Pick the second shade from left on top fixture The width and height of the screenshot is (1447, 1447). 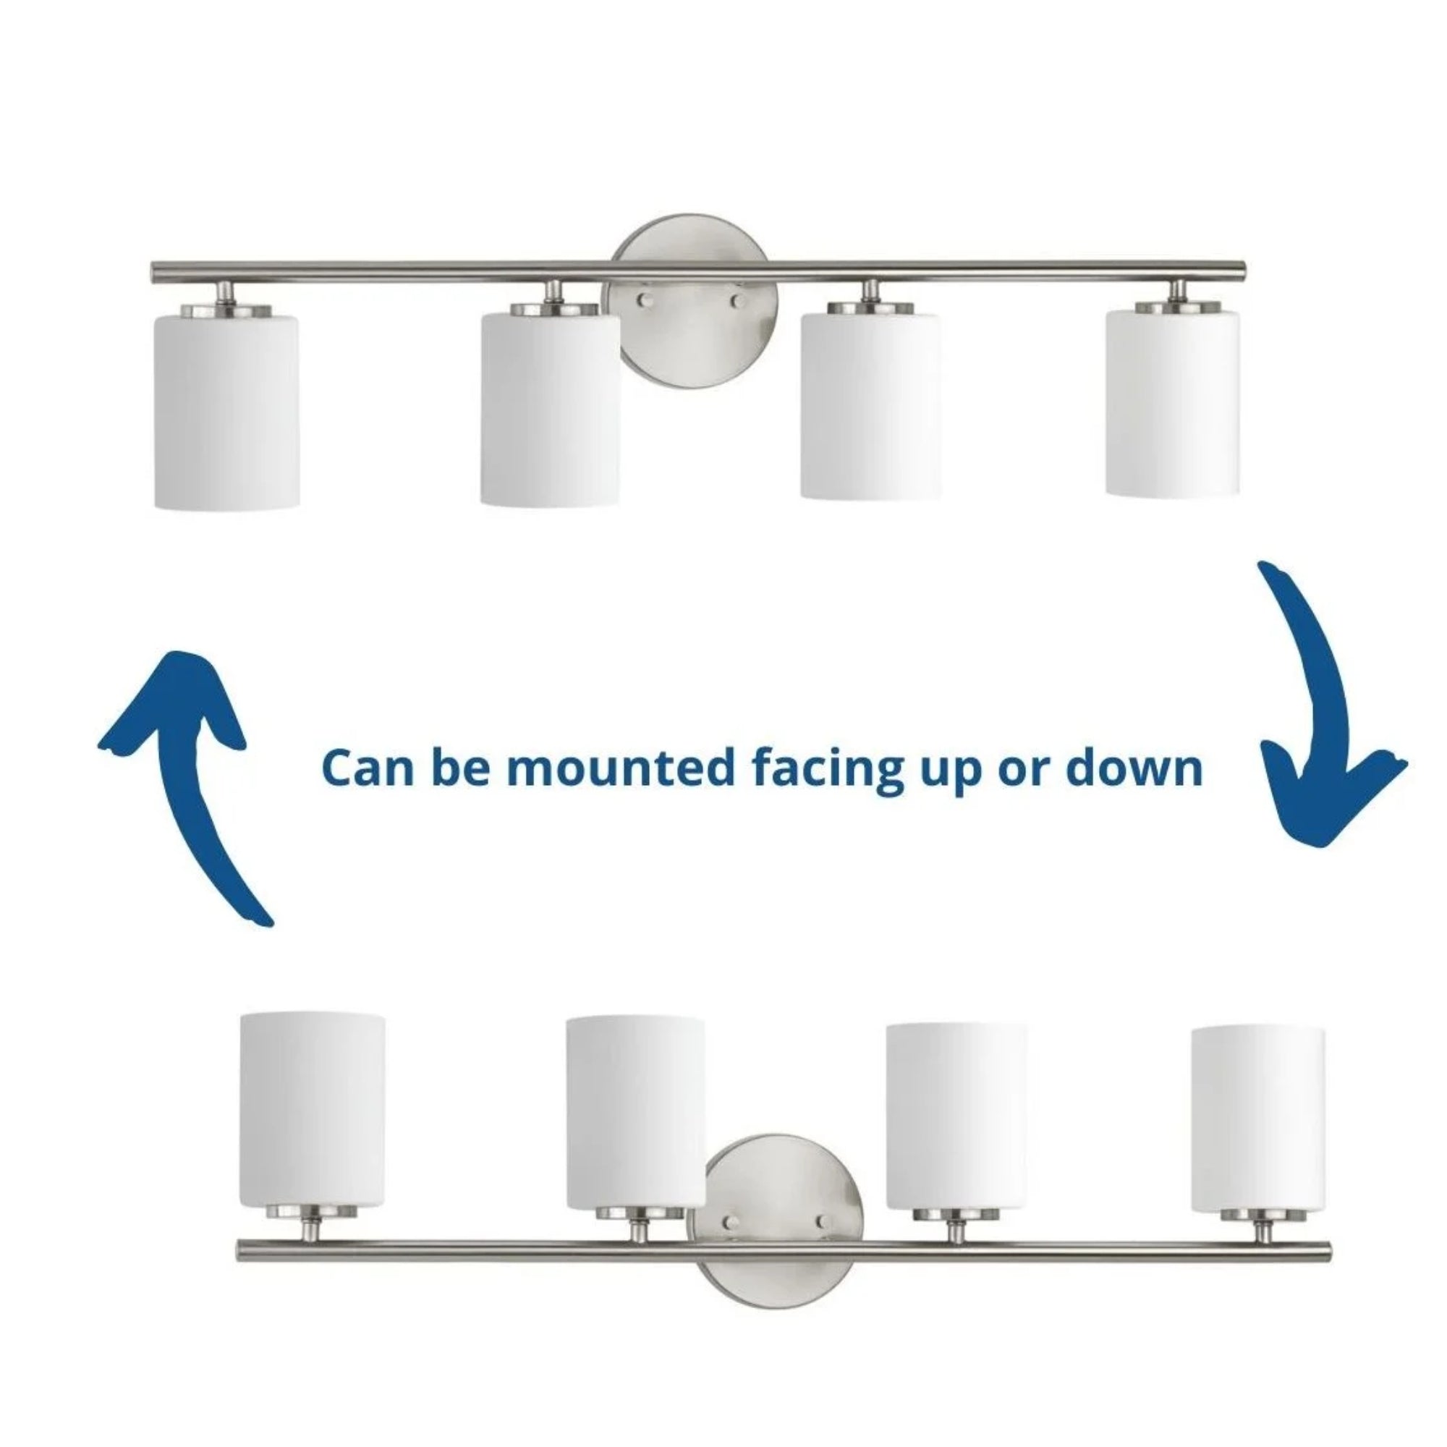tap(551, 408)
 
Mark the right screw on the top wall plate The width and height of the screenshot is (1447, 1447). tap(739, 301)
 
